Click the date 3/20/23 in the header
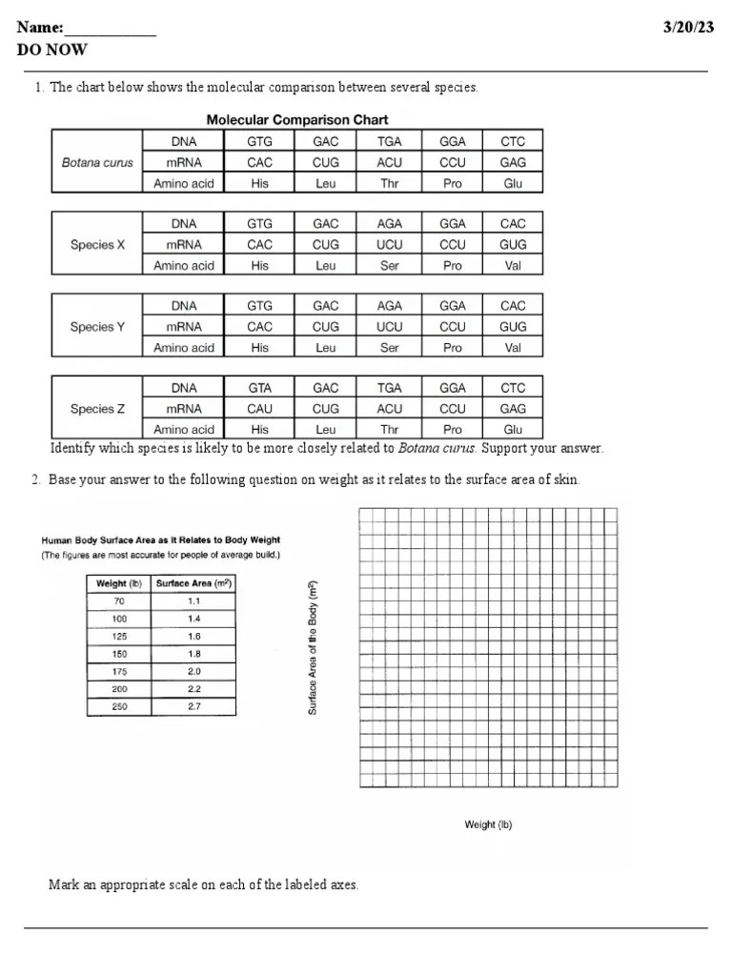(688, 28)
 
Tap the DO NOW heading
(52, 50)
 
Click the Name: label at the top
(40, 28)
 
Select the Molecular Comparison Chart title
(297, 120)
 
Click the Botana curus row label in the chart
(97, 162)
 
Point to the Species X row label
(97, 244)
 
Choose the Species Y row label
(97, 327)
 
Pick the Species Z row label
(97, 409)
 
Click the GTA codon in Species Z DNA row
(259, 388)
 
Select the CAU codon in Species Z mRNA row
(259, 409)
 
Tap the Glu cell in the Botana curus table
(513, 183)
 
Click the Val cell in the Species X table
(513, 266)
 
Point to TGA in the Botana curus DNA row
(389, 142)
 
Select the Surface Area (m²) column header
(194, 583)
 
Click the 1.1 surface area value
(194, 601)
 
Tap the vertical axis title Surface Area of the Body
(313, 648)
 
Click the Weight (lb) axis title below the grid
(488, 824)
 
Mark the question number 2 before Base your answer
(36, 479)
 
